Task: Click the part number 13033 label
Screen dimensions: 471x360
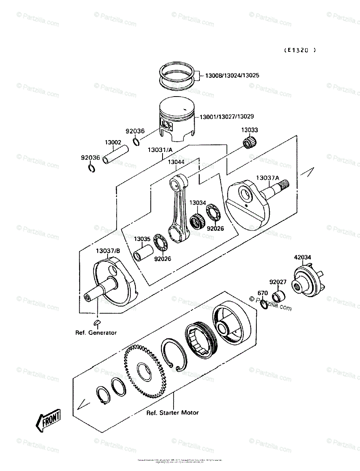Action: pyautogui.click(x=249, y=130)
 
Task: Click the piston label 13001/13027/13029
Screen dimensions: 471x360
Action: pyautogui.click(x=227, y=117)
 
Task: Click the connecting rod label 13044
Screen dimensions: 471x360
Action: pyautogui.click(x=177, y=161)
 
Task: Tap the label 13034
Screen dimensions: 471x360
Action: pyautogui.click(x=197, y=203)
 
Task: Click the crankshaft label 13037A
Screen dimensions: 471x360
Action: pyautogui.click(x=268, y=178)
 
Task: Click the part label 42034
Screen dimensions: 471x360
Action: pyautogui.click(x=302, y=257)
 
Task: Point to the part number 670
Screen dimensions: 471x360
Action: pyautogui.click(x=262, y=293)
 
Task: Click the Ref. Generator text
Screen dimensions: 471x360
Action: pyautogui.click(x=96, y=332)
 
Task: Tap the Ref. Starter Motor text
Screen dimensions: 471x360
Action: pyautogui.click(x=173, y=413)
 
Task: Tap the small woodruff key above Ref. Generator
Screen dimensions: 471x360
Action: pyautogui.click(x=97, y=323)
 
